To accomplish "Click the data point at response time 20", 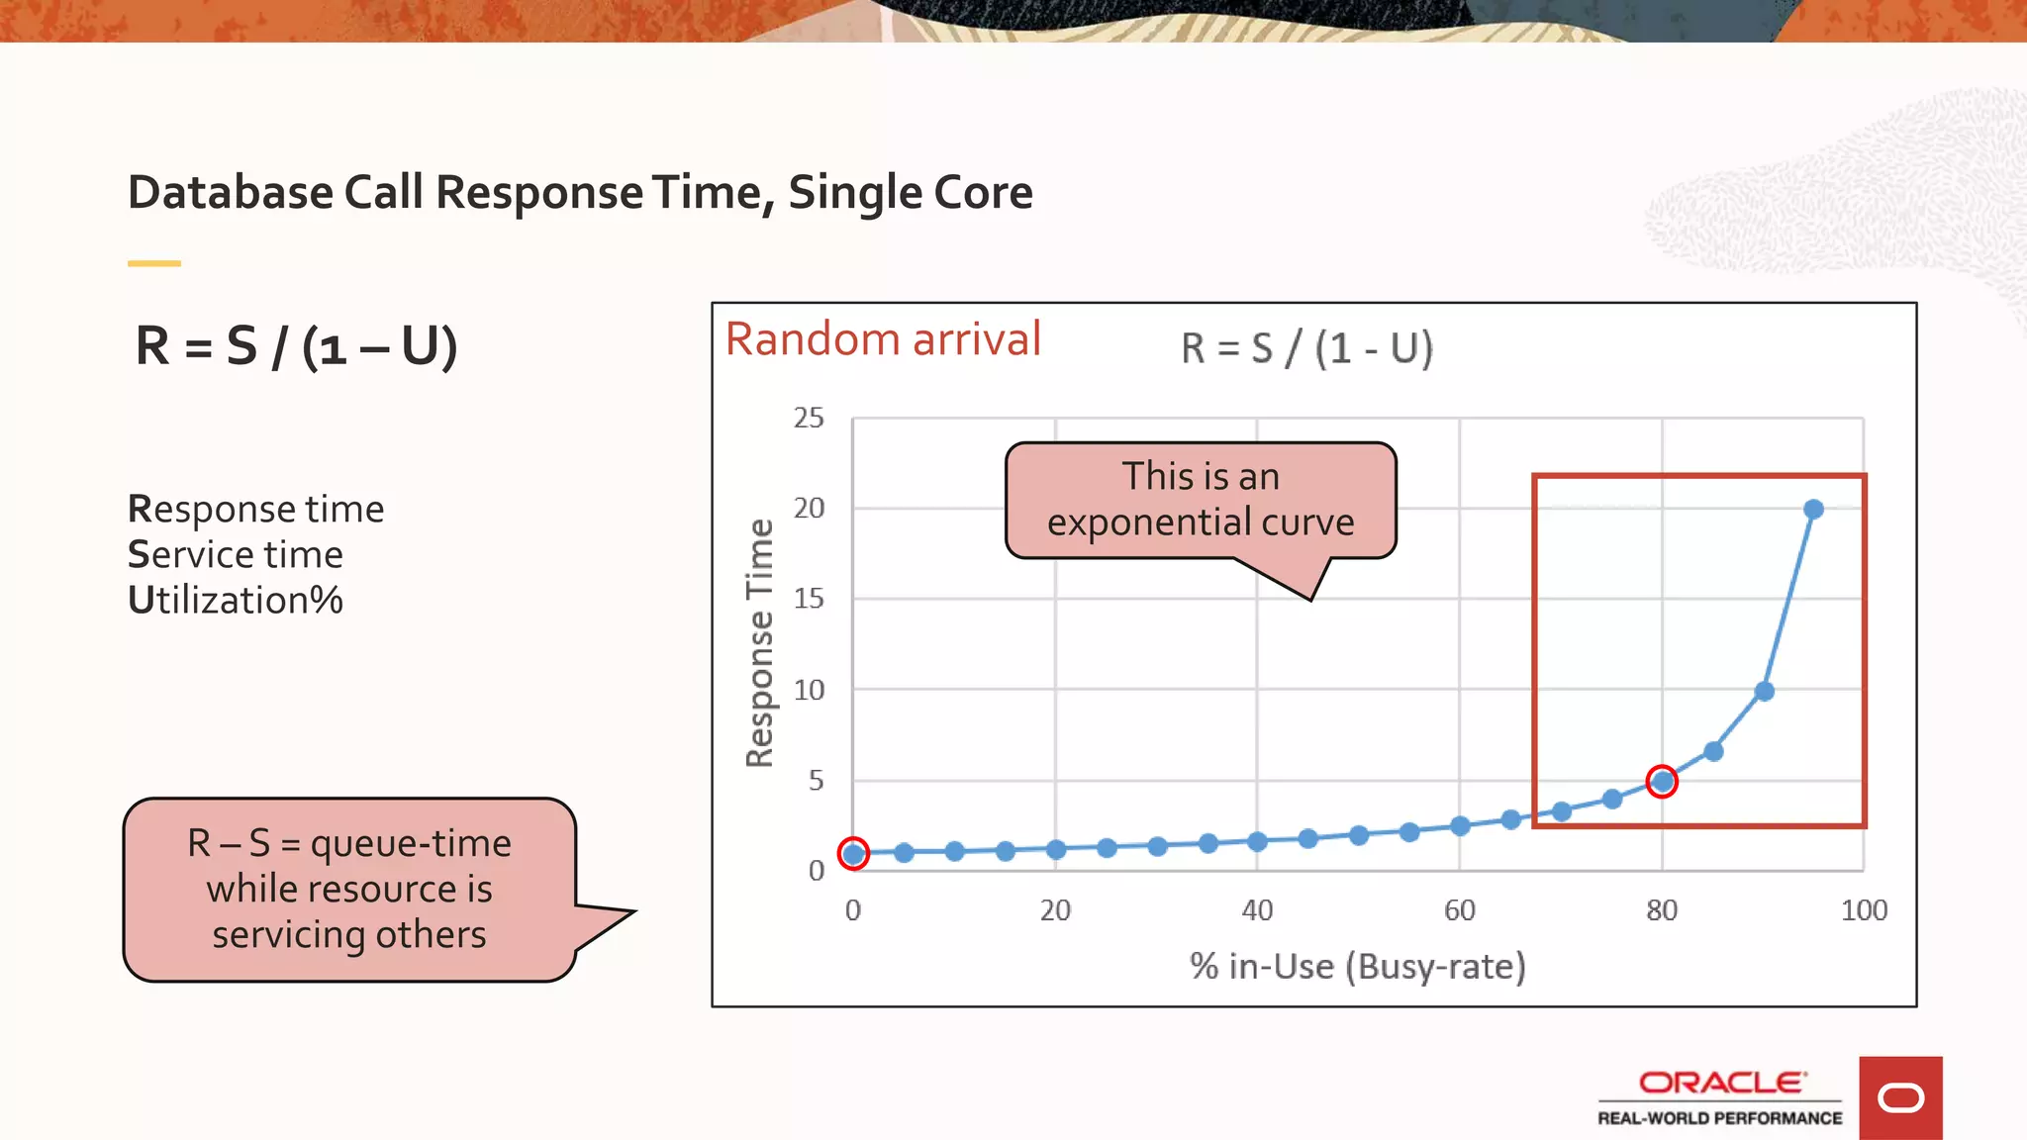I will [x=1813, y=510].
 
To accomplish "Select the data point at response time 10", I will [x=1764, y=692].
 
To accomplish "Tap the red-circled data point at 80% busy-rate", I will [x=1663, y=782].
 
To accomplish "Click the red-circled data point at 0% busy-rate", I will [x=853, y=853].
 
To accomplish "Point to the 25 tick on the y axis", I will [x=809, y=419].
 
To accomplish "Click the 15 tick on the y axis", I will [x=809, y=599].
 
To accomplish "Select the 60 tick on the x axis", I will [x=1459, y=910].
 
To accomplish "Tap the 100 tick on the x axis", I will [x=1863, y=910].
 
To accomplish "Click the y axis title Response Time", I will [x=759, y=643].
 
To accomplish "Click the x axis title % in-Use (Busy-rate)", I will [x=1357, y=967].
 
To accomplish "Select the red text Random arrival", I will [x=883, y=339].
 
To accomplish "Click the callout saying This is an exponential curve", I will [x=1201, y=500].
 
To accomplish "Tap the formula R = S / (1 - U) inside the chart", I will [x=1306, y=348].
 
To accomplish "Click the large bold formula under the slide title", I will [x=296, y=346].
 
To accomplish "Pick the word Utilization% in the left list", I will [x=236, y=601].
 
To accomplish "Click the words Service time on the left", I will [x=236, y=555].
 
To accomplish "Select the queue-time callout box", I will [x=349, y=889].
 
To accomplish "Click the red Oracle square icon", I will [x=1899, y=1097].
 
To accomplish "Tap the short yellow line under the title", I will [x=154, y=263].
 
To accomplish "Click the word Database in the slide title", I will [x=230, y=192].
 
